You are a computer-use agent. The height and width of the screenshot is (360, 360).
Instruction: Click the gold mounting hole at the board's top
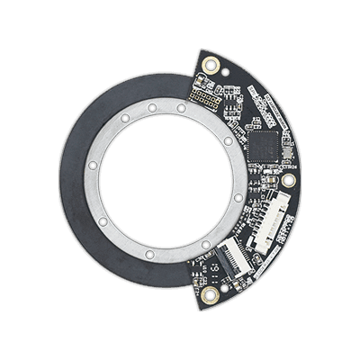tap(211, 65)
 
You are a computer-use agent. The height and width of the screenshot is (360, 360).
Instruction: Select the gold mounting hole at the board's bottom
tap(210, 293)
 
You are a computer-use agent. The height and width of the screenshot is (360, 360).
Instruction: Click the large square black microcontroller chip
tap(267, 142)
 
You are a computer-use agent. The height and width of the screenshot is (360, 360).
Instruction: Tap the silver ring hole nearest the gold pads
tap(181, 107)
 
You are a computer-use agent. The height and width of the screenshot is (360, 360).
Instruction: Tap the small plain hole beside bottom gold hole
tap(193, 281)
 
